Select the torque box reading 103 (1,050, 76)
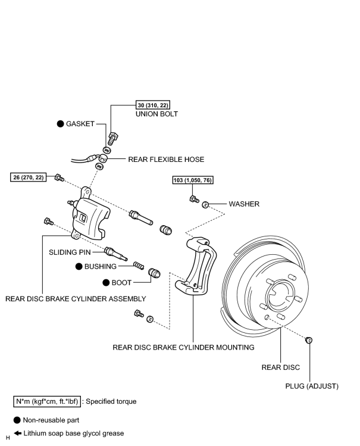coord(193,180)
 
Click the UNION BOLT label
coord(156,114)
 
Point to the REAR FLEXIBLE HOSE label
coord(166,160)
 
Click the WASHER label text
coord(244,204)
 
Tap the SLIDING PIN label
coord(70,252)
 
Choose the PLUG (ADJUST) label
coord(312,386)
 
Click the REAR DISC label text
coord(280,367)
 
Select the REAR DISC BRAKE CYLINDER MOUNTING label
coord(183,347)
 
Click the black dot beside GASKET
coord(60,124)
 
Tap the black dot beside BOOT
coord(106,283)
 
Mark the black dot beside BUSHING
coord(79,267)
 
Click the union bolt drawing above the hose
coord(112,138)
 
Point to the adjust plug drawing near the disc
coord(309,340)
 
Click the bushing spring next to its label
coord(139,266)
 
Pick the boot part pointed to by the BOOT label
coord(154,273)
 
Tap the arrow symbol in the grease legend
coord(18,433)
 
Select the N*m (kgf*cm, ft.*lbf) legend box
coord(47,401)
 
